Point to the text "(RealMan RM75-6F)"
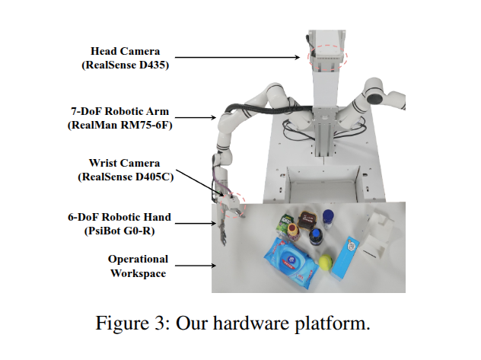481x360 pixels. (120, 125)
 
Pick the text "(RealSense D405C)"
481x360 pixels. (123, 177)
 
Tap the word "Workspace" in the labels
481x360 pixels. (138, 273)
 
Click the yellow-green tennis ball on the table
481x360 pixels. (325, 263)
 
